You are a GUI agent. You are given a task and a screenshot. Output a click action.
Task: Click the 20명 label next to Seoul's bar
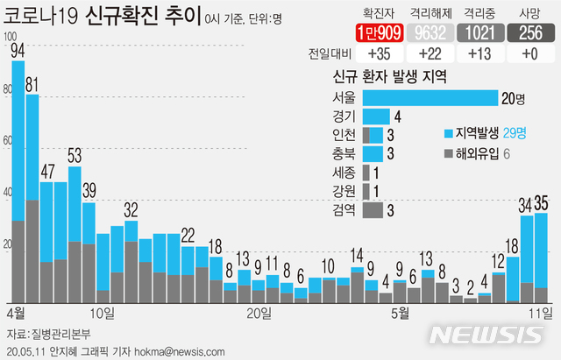coord(513,97)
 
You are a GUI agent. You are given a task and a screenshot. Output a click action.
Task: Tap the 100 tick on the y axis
coord(10,38)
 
